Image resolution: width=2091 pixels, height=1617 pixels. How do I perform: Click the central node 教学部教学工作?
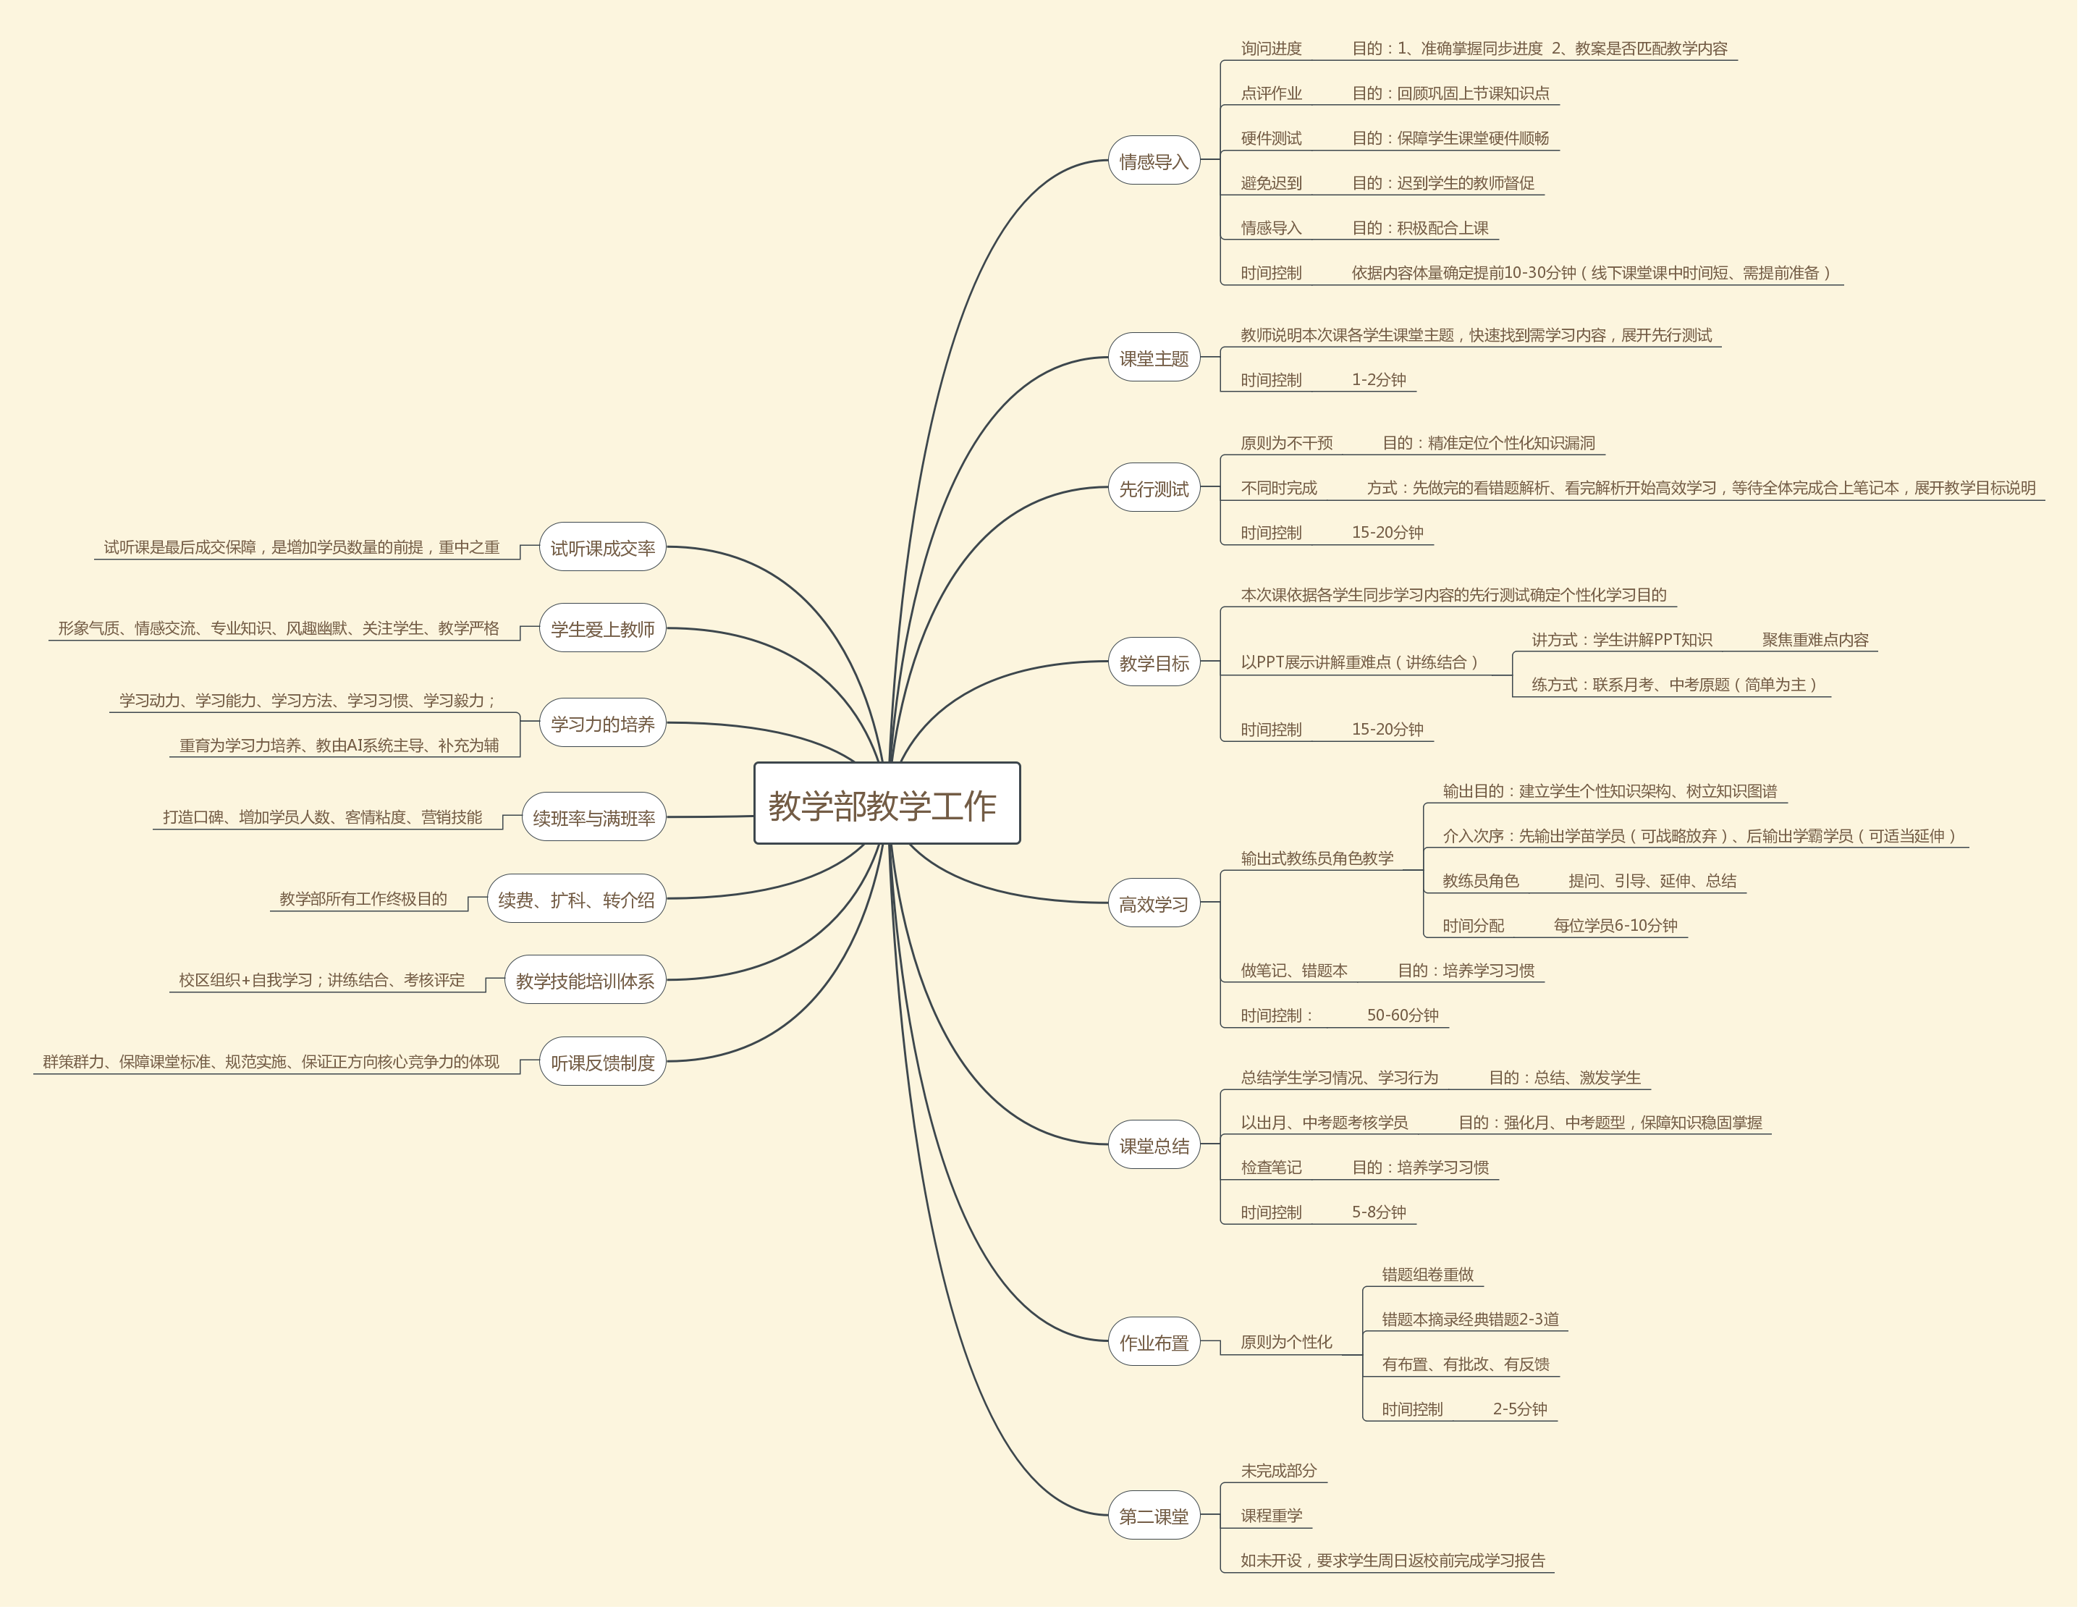(x=887, y=804)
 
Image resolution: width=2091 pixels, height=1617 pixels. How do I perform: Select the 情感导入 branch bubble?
(x=1154, y=161)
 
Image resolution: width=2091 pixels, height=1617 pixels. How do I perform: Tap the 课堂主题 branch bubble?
(x=1154, y=358)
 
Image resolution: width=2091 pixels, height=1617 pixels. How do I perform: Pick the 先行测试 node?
(x=1154, y=489)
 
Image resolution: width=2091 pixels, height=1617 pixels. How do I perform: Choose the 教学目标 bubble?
(x=1154, y=662)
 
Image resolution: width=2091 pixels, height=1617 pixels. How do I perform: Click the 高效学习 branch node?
(x=1154, y=904)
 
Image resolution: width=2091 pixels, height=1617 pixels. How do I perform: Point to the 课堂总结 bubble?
(x=1154, y=1145)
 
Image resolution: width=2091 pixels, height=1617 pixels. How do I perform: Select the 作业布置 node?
(x=1154, y=1342)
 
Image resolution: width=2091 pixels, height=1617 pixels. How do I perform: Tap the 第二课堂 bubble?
(x=1154, y=1516)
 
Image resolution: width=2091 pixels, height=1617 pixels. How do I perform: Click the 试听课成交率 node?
(x=602, y=548)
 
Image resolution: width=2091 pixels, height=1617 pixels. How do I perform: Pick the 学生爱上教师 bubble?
(x=602, y=629)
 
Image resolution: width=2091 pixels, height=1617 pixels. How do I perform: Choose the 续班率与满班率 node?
(x=593, y=818)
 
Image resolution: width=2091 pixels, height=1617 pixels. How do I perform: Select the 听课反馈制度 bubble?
(x=602, y=1063)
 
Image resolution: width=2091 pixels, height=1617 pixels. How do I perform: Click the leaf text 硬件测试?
(x=1270, y=138)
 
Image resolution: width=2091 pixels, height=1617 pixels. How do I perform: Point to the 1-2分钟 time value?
(x=1379, y=380)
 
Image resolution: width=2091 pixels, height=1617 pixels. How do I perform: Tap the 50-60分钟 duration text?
(x=1403, y=1015)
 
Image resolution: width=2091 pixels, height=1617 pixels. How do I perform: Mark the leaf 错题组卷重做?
(x=1427, y=1274)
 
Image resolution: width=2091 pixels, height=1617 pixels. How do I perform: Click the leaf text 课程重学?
(x=1272, y=1514)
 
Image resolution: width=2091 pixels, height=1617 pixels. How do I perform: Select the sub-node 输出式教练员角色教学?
(x=1317, y=858)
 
